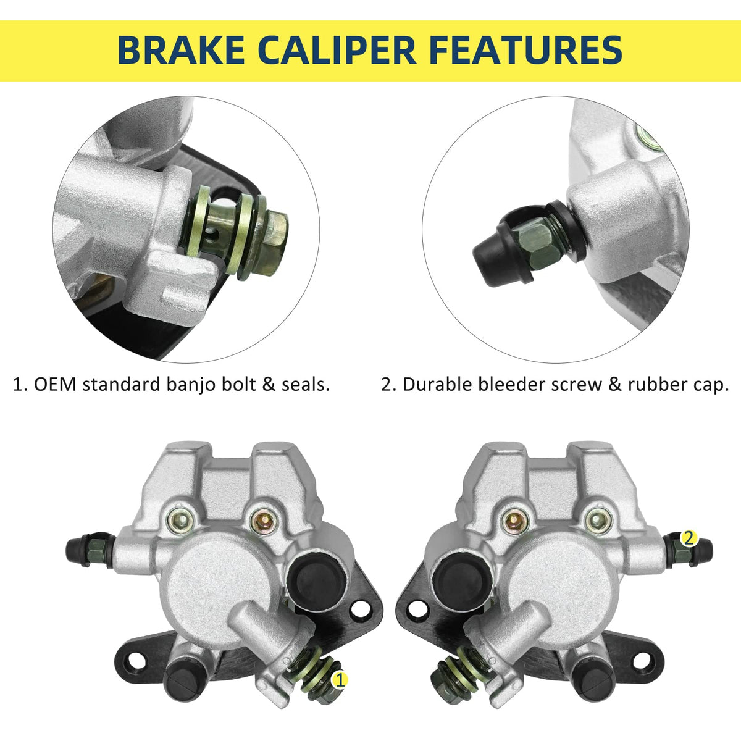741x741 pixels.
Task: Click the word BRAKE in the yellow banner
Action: click(181, 51)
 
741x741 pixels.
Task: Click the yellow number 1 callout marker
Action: click(340, 680)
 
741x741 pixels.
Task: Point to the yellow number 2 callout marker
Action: click(689, 538)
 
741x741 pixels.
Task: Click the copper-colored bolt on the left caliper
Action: click(263, 521)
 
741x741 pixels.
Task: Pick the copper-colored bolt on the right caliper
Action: click(515, 521)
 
